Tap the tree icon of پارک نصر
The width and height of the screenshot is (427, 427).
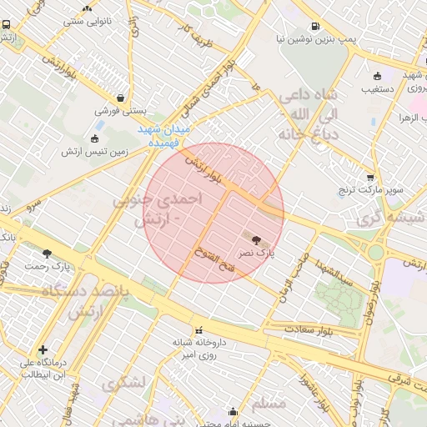[x=255, y=239]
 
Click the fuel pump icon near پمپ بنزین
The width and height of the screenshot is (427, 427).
[x=314, y=26]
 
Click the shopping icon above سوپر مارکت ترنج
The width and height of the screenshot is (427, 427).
[x=370, y=178]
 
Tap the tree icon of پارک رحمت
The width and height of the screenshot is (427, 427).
[x=47, y=253]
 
